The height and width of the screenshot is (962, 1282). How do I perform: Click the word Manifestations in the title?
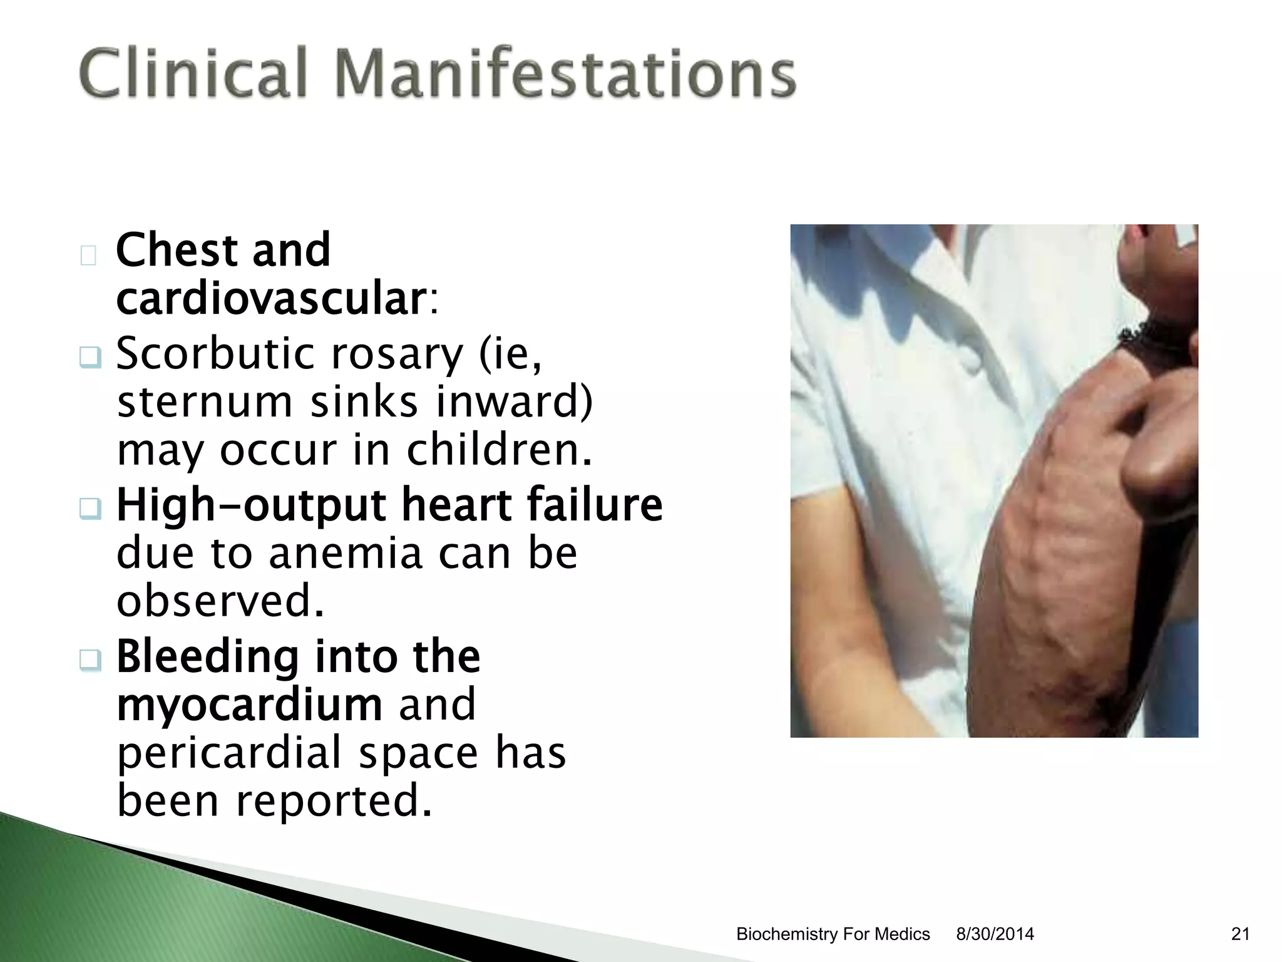pyautogui.click(x=565, y=73)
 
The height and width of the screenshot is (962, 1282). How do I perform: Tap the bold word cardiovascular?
pyautogui.click(x=271, y=299)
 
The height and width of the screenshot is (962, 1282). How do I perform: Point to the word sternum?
pyautogui.click(x=205, y=402)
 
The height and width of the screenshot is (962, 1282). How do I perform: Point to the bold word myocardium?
pyautogui.click(x=250, y=705)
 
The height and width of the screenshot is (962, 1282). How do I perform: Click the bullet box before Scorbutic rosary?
pyautogui.click(x=90, y=358)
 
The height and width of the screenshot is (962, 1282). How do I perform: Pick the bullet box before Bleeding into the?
pyautogui.click(x=90, y=659)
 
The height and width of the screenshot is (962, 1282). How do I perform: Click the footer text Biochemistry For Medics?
pyautogui.click(x=833, y=934)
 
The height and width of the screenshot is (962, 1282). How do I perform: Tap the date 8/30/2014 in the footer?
pyautogui.click(x=995, y=934)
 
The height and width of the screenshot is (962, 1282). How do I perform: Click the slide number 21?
pyautogui.click(x=1240, y=934)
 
